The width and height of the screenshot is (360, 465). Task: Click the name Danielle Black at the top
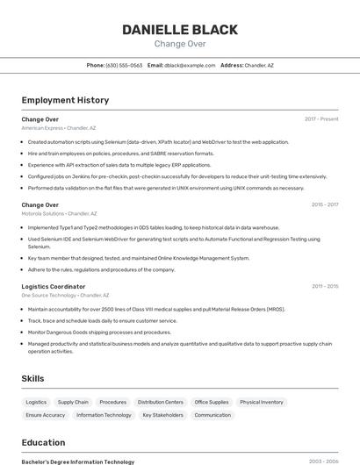pos(180,30)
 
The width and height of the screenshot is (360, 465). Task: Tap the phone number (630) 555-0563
pos(124,65)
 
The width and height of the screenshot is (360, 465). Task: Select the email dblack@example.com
pos(189,65)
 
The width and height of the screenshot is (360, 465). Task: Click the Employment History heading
pos(65,100)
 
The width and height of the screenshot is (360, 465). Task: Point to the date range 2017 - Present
pos(321,119)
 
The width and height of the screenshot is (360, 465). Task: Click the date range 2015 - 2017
pos(324,205)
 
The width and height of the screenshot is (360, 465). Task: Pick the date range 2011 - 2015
pos(324,287)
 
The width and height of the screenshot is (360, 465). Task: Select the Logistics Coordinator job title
pos(54,287)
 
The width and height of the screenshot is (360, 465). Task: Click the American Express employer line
pos(59,128)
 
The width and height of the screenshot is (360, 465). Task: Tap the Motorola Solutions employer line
pos(60,213)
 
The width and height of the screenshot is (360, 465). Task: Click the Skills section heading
pos(33,378)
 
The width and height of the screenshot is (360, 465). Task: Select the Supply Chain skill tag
pos(73,402)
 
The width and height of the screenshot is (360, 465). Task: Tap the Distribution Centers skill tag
pos(161,402)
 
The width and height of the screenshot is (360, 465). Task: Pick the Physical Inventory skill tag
pos(262,402)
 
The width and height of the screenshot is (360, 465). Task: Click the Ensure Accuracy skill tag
pos(46,415)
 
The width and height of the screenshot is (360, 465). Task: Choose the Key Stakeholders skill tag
pos(163,415)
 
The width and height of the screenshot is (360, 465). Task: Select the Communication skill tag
pos(212,415)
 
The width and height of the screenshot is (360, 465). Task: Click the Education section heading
pos(43,442)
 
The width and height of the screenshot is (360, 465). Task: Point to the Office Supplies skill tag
pos(212,402)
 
